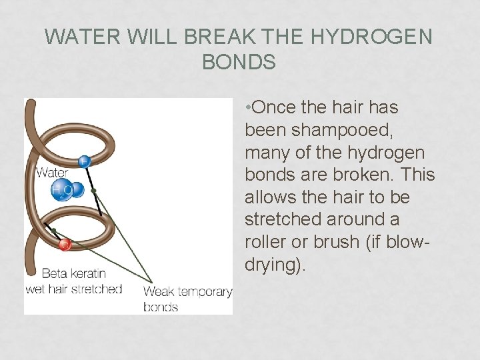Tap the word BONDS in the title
click(238, 62)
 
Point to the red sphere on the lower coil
click(65, 245)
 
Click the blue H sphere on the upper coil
click(84, 161)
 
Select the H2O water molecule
click(66, 191)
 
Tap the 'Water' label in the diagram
click(52, 173)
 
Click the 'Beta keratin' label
click(74, 274)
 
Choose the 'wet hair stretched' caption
click(74, 289)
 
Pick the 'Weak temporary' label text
click(188, 292)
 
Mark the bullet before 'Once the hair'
click(248, 108)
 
